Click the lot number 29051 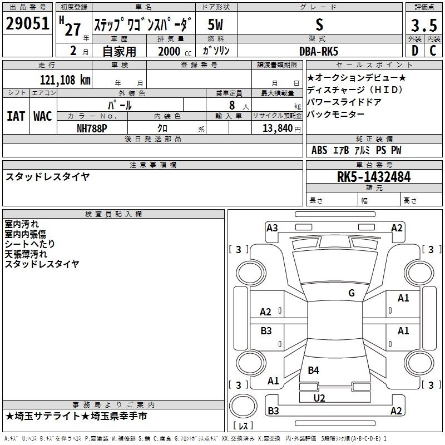point(27,23)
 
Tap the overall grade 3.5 point(424,25)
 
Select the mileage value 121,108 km point(65,80)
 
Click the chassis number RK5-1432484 point(374,177)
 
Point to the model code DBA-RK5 point(319,51)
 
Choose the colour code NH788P point(92,128)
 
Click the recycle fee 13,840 point(277,128)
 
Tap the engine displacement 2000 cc point(175,51)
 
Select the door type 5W point(215,24)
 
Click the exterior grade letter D point(415,51)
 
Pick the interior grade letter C point(433,51)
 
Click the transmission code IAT point(16,116)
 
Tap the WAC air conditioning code point(43,116)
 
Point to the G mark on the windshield point(352,293)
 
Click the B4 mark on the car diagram point(313,370)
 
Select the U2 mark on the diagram point(319,398)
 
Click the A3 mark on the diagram point(272,228)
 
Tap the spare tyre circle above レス point(243,406)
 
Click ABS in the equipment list point(319,150)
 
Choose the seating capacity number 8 point(232,105)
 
